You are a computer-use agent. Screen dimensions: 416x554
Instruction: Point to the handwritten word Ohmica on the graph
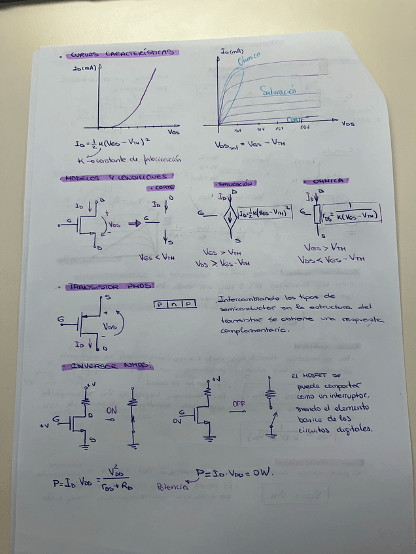(x=250, y=60)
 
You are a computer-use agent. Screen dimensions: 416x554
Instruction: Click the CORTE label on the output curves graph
(x=295, y=120)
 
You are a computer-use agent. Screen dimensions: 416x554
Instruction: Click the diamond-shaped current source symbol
(x=230, y=216)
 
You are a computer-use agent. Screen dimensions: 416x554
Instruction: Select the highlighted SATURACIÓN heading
(x=234, y=185)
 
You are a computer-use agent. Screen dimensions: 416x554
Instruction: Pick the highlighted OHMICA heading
(x=328, y=181)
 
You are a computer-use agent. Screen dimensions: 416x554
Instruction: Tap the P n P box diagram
(x=173, y=304)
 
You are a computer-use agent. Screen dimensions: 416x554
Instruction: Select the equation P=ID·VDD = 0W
(x=234, y=472)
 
